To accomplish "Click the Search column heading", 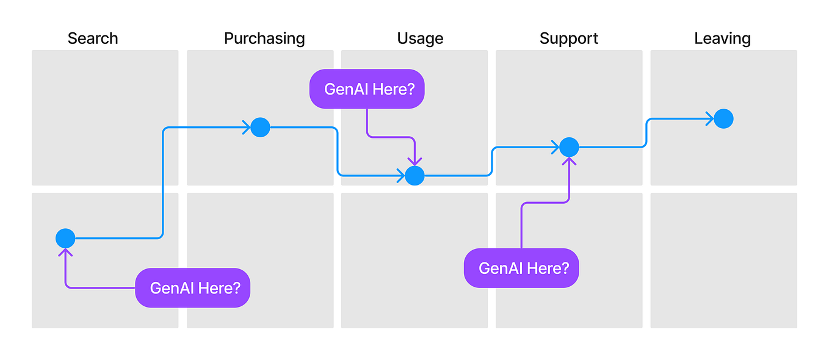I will tap(93, 38).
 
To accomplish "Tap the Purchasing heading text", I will tap(264, 38).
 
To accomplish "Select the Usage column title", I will tap(420, 38).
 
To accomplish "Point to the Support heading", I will tap(568, 38).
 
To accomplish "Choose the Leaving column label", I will tap(722, 38).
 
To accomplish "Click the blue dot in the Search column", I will tap(65, 239).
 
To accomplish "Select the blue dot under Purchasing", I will tap(260, 128).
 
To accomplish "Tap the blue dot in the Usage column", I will tap(415, 176).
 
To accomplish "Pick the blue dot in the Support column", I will tap(569, 147).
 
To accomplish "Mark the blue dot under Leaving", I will tap(723, 118).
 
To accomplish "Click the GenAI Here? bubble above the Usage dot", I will tap(366, 89).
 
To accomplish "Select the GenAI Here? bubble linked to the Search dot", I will tap(192, 288).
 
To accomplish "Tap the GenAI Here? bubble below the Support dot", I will tap(521, 268).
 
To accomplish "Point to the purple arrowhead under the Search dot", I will tap(65, 251).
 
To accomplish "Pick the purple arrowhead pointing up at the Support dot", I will tap(569, 160).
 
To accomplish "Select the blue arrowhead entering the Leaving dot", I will tap(710, 118).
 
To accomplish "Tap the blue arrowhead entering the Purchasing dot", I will tap(247, 128).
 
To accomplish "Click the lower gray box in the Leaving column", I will tap(723, 261).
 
